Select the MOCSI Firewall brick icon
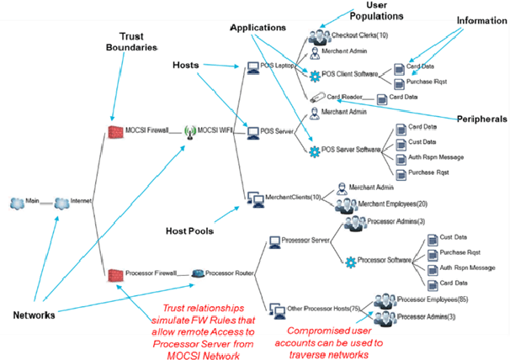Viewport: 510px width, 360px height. coord(114,130)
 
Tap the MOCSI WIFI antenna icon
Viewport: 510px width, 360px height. coord(189,131)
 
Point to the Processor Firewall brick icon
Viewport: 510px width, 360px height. coord(114,273)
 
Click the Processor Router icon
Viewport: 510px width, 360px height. coord(196,273)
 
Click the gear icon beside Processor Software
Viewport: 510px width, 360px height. coord(351,262)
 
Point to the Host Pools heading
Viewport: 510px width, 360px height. coord(191,230)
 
